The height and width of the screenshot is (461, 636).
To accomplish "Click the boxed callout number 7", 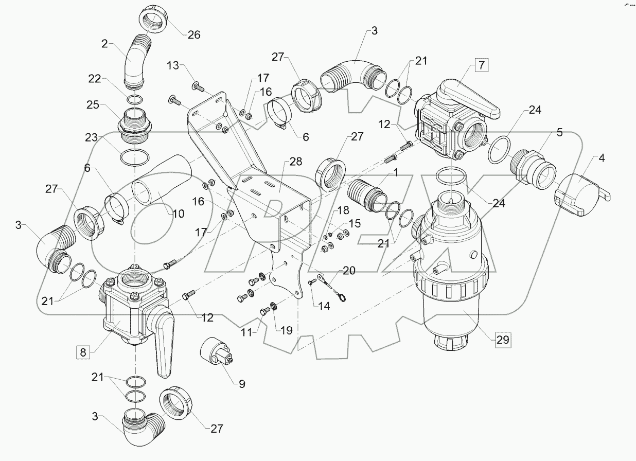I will click(481, 65).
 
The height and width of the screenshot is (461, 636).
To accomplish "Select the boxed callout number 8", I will click(82, 352).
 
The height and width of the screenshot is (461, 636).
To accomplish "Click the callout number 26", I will click(193, 35).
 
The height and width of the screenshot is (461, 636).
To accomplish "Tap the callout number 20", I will click(349, 271).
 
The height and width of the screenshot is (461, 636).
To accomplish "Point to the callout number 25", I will click(93, 105).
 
